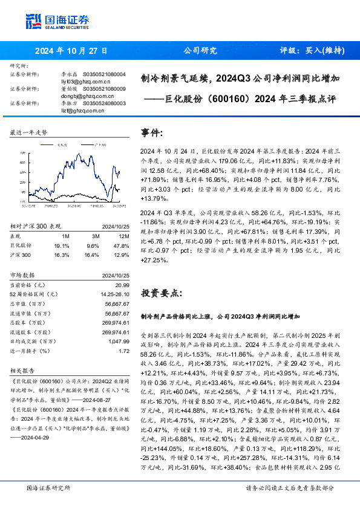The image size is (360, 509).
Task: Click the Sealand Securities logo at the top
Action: pyautogui.click(x=54, y=22)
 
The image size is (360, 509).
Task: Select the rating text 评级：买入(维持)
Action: pyautogui.click(x=312, y=51)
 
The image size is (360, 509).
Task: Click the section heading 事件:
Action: pyautogui.click(x=152, y=132)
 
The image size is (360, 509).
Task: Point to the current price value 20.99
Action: pyautogui.click(x=123, y=284)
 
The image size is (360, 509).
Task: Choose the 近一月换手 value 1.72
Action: pyautogui.click(x=124, y=351)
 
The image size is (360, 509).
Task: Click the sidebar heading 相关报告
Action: pyautogui.click(x=23, y=372)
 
